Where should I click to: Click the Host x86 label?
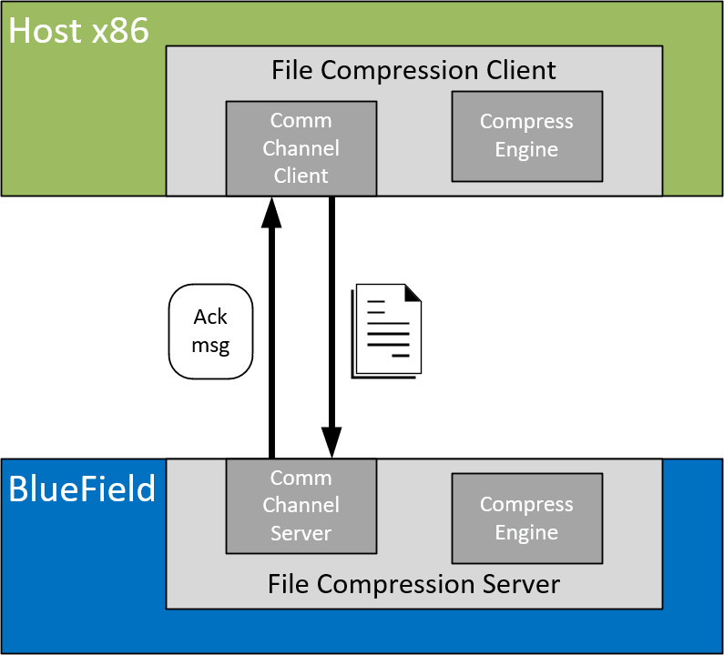coord(78,32)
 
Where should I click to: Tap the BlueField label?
coord(82,489)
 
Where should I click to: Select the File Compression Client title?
coord(413,70)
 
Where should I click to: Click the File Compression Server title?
coord(413,583)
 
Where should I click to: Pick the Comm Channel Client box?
coord(301,148)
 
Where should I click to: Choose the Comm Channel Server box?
coord(301,506)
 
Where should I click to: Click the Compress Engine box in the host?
coord(526,136)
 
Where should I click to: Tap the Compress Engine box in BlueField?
coord(526,519)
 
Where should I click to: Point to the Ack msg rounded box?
coord(210,331)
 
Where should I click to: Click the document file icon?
coord(387,329)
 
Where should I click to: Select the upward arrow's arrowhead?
coord(270,211)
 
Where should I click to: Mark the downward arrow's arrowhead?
coord(331,444)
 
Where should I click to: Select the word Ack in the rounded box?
coord(210,317)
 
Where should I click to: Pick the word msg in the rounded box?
coord(210,346)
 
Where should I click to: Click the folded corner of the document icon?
coord(413,293)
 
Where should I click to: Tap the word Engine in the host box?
coord(526,150)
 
